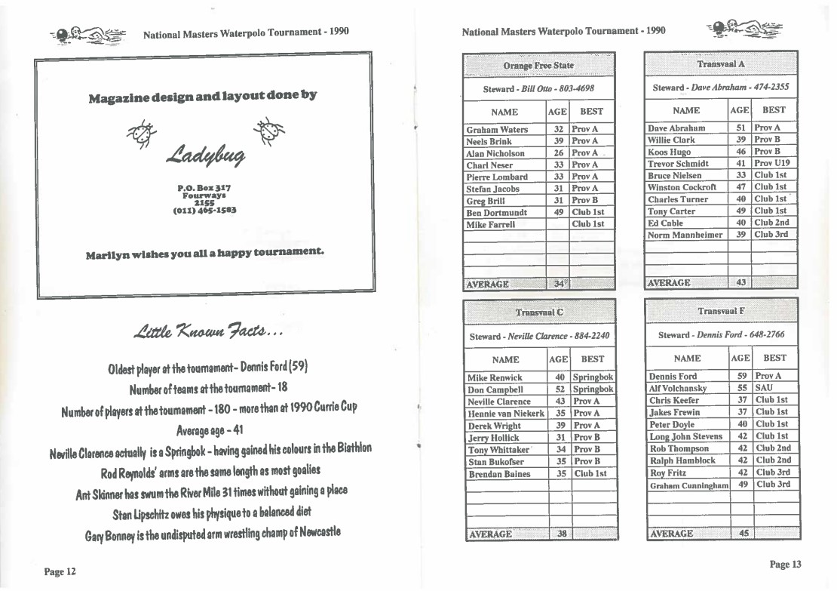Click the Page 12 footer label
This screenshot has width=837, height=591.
60,571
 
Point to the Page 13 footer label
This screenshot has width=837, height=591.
785,565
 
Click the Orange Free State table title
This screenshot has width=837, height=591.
538,66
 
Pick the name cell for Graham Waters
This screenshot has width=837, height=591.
497,129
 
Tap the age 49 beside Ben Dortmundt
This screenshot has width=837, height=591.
559,212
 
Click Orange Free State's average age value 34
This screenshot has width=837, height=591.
559,285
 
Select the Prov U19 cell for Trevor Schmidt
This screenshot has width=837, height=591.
772,163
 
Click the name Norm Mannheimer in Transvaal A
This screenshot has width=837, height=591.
685,235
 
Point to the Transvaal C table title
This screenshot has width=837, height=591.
538,312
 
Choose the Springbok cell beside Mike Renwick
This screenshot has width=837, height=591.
593,377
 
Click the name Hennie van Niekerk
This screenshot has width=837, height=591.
505,414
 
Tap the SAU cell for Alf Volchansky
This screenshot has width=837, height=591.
764,388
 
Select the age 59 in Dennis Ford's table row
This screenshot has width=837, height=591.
742,376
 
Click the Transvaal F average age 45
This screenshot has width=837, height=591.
743,534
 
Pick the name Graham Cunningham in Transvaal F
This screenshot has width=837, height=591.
688,485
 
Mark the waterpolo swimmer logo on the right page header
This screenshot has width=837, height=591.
743,31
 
